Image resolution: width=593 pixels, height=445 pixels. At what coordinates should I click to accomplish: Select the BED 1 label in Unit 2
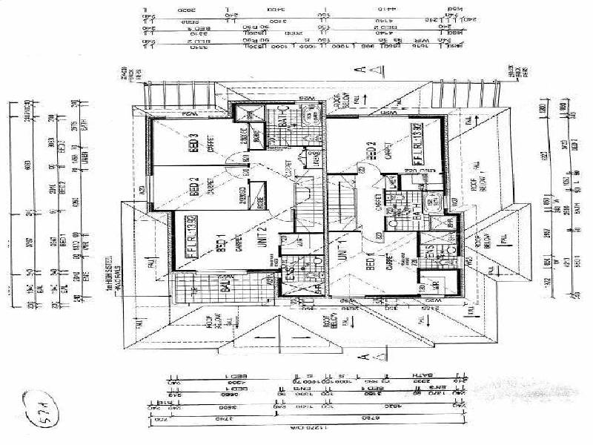coord(220,244)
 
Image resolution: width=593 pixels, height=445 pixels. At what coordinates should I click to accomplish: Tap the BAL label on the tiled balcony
coord(205,287)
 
